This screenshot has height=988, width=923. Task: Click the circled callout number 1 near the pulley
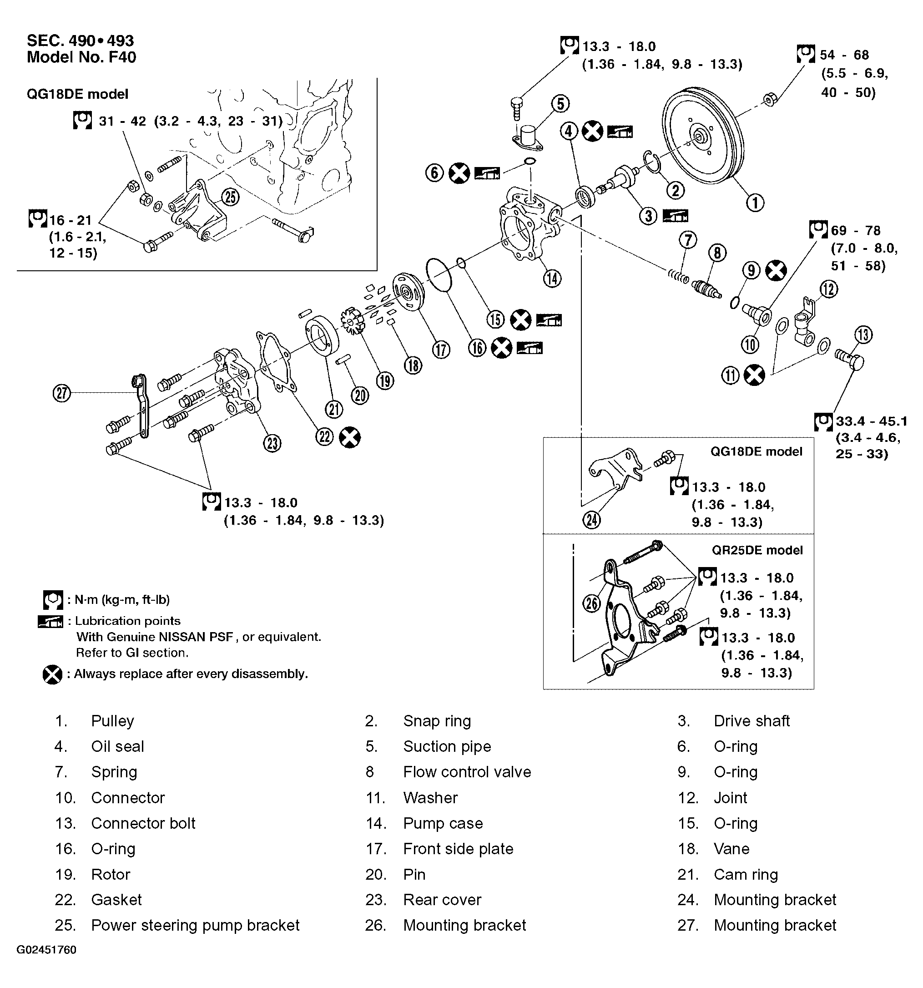[x=755, y=203]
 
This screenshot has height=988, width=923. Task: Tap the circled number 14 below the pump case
[x=552, y=279]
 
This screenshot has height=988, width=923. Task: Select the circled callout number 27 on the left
[x=61, y=393]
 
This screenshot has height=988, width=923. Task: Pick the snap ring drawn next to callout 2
[x=653, y=162]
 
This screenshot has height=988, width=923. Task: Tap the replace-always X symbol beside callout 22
[x=350, y=437]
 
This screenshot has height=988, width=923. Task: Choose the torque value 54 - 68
[x=844, y=55]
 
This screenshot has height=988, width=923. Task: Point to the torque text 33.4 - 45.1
[x=871, y=421]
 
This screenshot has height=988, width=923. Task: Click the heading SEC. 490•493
[x=80, y=40]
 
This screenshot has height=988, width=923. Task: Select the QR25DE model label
[x=757, y=550]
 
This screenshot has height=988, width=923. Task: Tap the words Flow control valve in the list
[x=467, y=772]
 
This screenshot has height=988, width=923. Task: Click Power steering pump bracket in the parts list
[x=195, y=925]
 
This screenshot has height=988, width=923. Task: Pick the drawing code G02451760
[x=46, y=950]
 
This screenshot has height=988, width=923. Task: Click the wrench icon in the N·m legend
[x=53, y=600]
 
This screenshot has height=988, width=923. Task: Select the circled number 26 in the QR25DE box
[x=591, y=603]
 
